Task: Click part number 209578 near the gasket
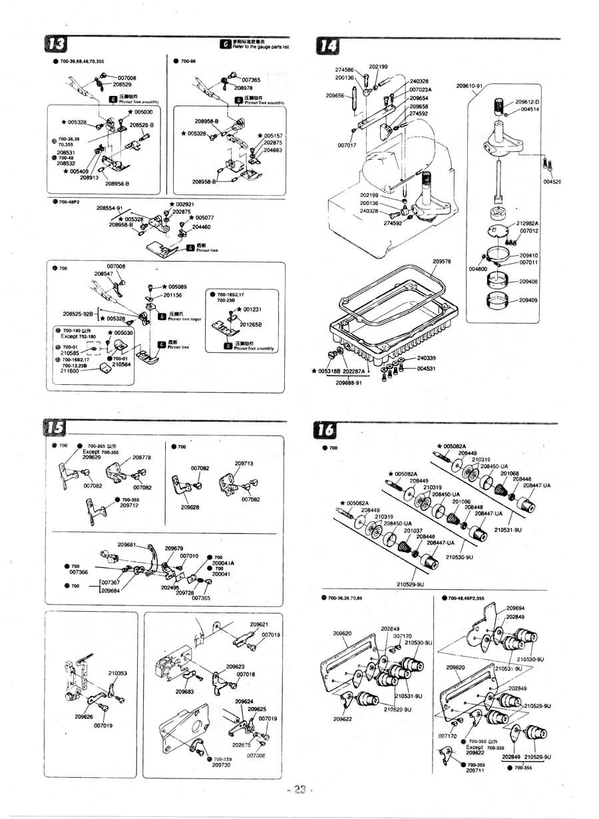pos(441,262)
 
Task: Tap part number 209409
pos(528,300)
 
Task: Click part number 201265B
pos(251,325)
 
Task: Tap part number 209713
pos(244,463)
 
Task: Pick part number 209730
pos(221,765)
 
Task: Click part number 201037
pos(413,531)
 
